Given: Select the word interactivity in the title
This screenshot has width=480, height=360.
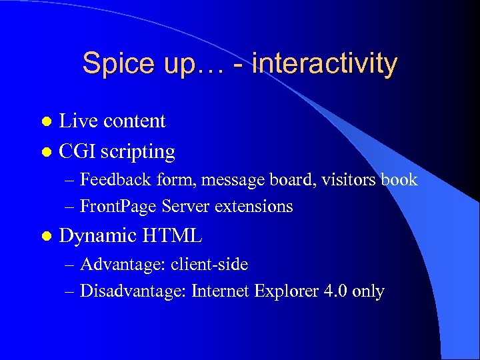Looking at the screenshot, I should point(325,64).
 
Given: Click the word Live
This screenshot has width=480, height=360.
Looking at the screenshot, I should point(77,121).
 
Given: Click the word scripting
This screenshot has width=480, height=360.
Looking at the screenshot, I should point(139,153).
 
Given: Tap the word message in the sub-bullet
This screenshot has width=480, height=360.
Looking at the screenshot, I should point(233,180).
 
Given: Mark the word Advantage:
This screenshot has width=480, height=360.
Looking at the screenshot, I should point(123,265).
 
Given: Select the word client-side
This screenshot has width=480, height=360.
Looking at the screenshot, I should point(209,265).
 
